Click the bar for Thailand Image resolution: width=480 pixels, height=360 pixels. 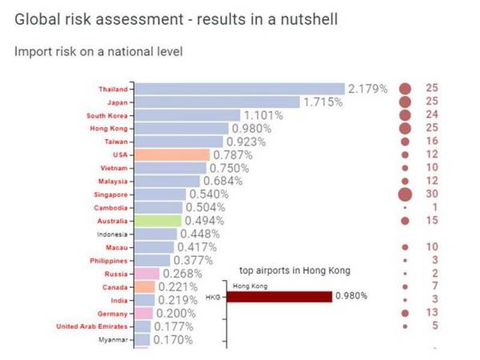240,88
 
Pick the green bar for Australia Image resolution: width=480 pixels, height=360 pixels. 159,220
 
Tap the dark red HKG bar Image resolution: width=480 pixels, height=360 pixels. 279,297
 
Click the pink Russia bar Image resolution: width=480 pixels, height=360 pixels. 147,274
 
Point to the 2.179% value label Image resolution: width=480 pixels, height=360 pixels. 368,88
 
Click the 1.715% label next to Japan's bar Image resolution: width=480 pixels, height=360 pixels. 322,102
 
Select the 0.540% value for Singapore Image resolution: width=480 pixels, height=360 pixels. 209,194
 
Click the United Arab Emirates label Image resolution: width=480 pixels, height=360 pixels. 91,326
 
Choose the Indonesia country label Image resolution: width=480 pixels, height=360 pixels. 112,234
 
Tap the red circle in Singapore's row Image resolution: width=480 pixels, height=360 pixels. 405,194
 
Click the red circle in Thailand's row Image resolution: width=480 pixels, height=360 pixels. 405,88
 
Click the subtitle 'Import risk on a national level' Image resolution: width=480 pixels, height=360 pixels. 98,52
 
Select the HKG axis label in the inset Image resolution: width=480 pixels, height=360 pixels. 212,298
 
